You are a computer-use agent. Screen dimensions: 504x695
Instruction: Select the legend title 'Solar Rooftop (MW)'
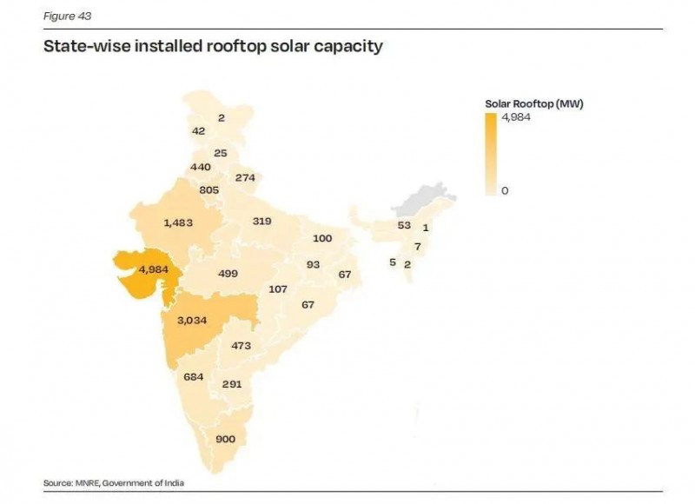click(533, 104)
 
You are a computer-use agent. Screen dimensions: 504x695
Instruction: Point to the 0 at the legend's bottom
click(505, 190)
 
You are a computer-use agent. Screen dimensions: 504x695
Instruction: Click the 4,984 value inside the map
click(153, 269)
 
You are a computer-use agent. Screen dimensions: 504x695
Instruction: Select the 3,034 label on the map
click(191, 321)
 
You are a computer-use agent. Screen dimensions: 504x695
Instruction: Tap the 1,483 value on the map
click(178, 222)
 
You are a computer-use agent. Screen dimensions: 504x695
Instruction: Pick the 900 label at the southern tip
click(225, 439)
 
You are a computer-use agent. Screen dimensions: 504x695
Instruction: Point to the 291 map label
click(231, 383)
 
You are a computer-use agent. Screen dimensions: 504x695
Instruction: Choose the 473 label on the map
click(242, 345)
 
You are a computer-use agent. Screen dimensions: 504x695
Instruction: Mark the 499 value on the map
click(228, 273)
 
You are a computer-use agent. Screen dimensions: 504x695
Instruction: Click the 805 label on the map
click(208, 189)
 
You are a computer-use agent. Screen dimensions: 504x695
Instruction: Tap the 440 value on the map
click(201, 167)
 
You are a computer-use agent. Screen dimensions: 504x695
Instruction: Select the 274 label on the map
click(245, 178)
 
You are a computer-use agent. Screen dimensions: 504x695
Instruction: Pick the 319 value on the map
click(262, 221)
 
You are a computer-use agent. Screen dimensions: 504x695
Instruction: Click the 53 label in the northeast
click(403, 225)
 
